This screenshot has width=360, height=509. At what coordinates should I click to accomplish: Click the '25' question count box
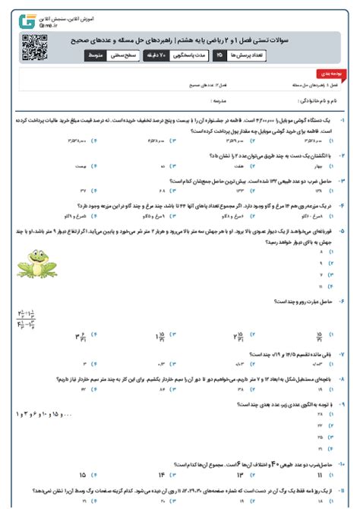tap(219, 55)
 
